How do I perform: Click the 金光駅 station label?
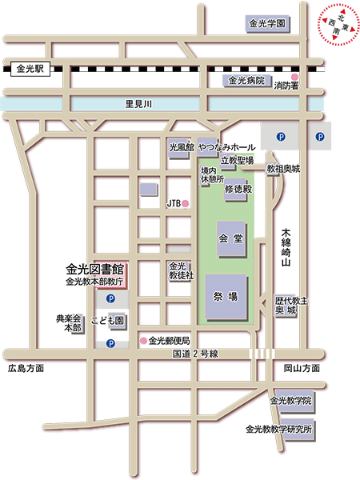pos(32,70)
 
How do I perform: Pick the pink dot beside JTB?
pos(186,204)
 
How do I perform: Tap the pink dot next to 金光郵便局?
pos(143,341)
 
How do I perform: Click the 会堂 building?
pos(229,238)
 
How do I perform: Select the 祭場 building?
pos(227,296)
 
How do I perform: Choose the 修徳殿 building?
pos(238,190)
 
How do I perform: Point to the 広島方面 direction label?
pos(25,369)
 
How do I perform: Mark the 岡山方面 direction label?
pos(302,369)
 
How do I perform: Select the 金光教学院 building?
pos(290,400)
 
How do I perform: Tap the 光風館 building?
pos(181,149)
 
